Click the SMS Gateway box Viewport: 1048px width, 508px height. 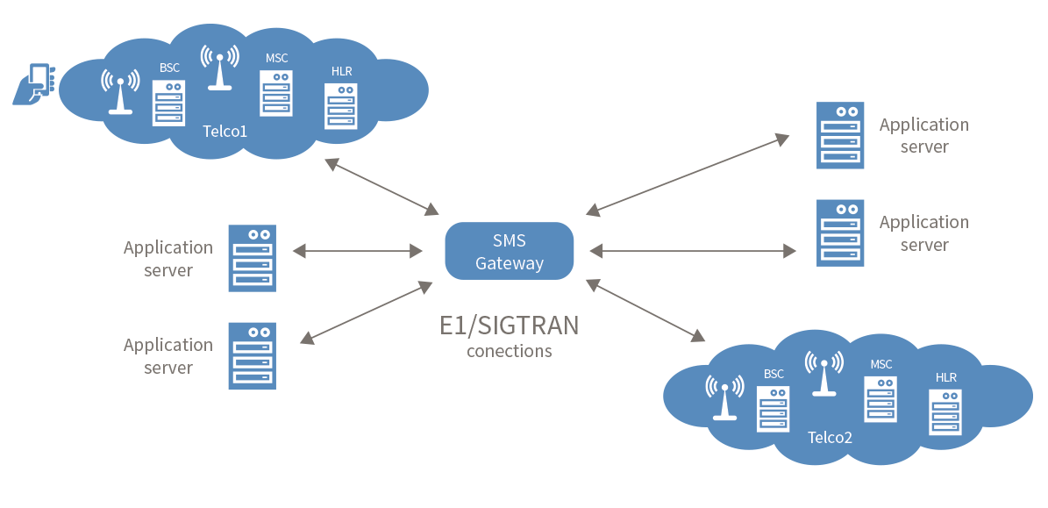(509, 251)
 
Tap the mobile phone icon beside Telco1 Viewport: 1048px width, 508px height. (34, 84)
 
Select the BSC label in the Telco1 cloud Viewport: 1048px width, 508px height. (169, 68)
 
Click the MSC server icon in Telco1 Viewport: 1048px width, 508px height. (276, 93)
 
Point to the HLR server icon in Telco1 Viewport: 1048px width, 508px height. (341, 106)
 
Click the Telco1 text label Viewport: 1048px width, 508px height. (225, 132)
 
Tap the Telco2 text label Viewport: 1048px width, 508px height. (830, 436)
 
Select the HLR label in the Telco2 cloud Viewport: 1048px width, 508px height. (946, 377)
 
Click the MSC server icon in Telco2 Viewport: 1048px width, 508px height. (880, 399)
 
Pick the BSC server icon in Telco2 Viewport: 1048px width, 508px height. (774, 408)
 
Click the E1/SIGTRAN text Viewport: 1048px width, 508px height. (509, 326)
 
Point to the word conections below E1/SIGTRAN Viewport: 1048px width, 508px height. (509, 351)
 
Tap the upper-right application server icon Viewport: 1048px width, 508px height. (840, 136)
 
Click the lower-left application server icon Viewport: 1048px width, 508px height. (252, 355)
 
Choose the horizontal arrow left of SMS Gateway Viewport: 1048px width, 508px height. (357, 251)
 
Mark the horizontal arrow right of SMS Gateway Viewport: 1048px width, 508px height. (693, 251)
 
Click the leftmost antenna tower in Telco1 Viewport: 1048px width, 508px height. (120, 93)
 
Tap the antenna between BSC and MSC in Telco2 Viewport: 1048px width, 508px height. (823, 375)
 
